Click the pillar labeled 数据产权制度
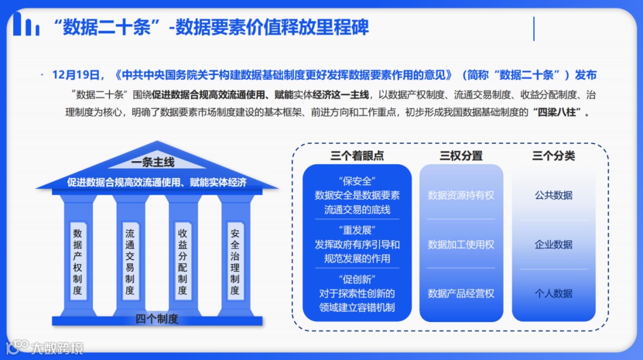tap(77, 262)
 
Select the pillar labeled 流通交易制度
tap(130, 262)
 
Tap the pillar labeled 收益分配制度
tap(182, 262)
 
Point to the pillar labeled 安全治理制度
tap(235, 262)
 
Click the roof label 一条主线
tap(153, 162)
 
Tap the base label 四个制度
tap(157, 319)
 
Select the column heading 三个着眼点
tap(357, 156)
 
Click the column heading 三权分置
tap(461, 156)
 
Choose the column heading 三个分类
tap(554, 156)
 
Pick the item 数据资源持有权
tap(461, 195)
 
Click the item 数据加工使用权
tap(461, 245)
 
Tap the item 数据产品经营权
tap(461, 293)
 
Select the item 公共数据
tap(554, 195)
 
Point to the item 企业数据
tap(554, 245)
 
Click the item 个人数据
tap(554, 293)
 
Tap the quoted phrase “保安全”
tap(357, 181)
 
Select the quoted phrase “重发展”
tap(357, 230)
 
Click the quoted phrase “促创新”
tap(357, 279)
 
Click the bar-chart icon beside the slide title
tap(26, 24)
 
